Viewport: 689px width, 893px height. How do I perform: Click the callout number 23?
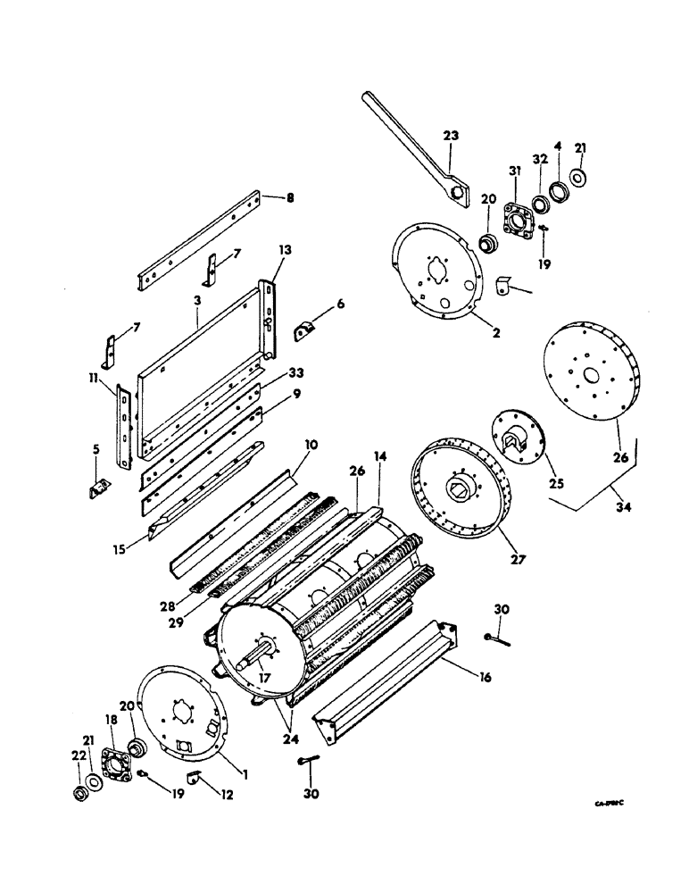click(451, 136)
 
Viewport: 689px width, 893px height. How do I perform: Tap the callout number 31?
click(513, 171)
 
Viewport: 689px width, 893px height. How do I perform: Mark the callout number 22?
click(77, 771)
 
